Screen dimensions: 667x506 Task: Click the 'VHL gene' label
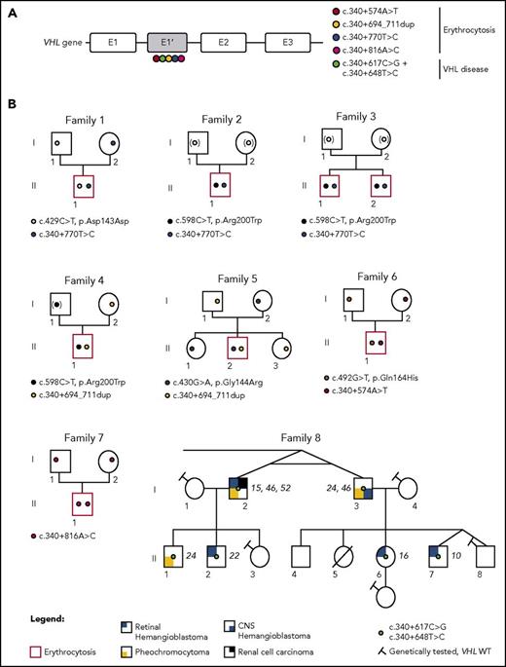tap(51, 44)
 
